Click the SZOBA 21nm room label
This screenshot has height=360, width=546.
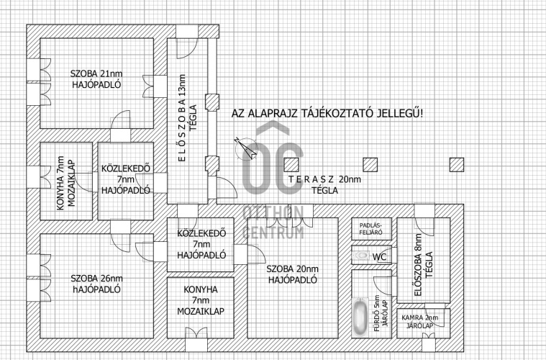[x=96, y=73]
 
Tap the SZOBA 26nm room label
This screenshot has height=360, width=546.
[x=96, y=279]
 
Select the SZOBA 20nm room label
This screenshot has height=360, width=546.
[x=293, y=269]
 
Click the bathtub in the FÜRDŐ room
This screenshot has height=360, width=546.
[x=360, y=317]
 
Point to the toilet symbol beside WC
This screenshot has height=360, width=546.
[x=361, y=256]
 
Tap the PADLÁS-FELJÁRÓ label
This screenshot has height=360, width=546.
[x=371, y=229]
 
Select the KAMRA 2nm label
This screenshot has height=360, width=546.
[x=419, y=318]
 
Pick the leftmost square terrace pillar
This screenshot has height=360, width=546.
[x=291, y=164]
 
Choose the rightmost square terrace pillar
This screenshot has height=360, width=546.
[x=457, y=164]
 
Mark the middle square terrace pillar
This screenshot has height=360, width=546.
[x=370, y=164]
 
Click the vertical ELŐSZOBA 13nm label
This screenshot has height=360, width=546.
[x=182, y=118]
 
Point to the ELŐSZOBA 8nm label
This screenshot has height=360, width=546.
[x=418, y=265]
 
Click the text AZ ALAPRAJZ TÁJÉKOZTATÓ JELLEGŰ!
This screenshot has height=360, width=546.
[x=327, y=113]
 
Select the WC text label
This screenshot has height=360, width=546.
[x=379, y=257]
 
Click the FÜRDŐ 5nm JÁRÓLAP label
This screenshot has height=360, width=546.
[x=381, y=315]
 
